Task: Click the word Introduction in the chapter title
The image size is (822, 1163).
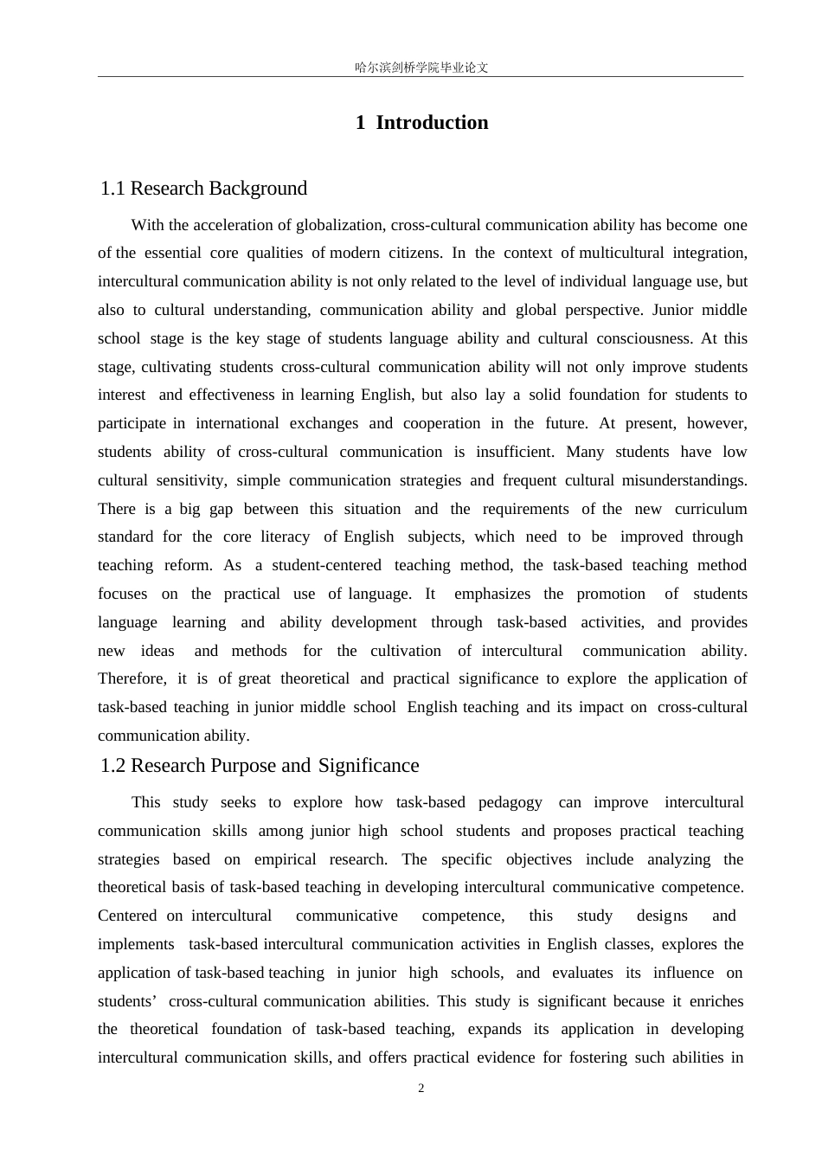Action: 432,123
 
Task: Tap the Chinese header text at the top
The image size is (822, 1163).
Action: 421,67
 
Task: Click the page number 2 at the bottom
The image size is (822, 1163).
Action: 421,1089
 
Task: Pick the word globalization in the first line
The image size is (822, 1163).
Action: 340,225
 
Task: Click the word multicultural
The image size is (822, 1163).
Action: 621,253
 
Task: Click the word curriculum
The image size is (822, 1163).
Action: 710,509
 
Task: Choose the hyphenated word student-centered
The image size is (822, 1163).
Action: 326,565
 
